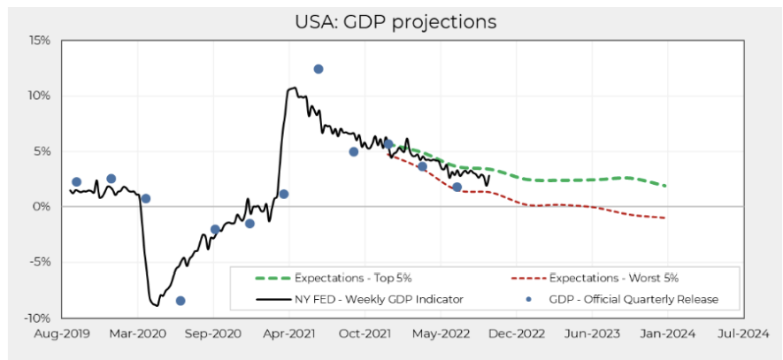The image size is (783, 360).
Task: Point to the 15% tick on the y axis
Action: coord(39,40)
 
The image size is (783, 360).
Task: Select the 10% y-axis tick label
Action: coord(39,96)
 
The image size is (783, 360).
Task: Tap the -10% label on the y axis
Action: coord(37,318)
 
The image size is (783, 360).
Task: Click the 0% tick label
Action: coord(42,206)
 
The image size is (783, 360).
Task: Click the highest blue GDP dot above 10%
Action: coord(319,69)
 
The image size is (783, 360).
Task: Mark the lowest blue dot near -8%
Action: coord(180,301)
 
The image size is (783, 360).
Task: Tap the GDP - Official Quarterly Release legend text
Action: coord(633,299)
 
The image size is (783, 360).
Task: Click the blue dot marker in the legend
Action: coord(529,299)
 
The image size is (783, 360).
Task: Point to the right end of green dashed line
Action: coord(665,186)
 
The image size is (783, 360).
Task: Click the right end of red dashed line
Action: coord(665,218)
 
